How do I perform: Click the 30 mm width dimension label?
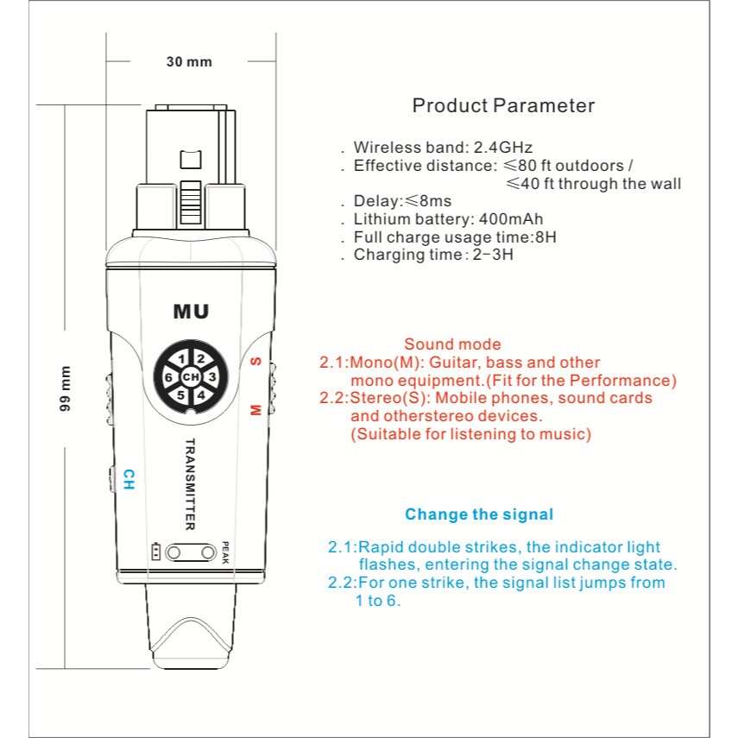[x=188, y=61]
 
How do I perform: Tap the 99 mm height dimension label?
[x=66, y=390]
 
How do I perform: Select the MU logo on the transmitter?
[x=191, y=311]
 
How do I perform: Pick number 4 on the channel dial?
[x=200, y=395]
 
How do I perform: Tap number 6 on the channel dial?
[x=169, y=378]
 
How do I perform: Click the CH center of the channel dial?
[x=191, y=377]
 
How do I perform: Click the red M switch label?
[x=255, y=409]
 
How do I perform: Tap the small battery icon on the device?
[x=155, y=552]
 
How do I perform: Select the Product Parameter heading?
[x=503, y=106]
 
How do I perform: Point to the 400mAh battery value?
[x=516, y=218]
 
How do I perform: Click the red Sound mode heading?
[x=452, y=344]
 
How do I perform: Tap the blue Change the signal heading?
[x=479, y=514]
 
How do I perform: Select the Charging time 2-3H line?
[x=434, y=255]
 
